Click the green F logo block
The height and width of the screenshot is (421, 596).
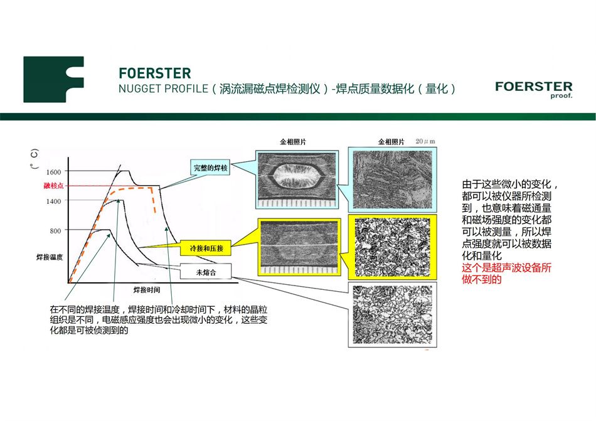[x=53, y=79]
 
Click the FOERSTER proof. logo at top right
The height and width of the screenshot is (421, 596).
[x=533, y=88]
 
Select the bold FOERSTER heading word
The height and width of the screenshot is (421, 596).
[x=154, y=73]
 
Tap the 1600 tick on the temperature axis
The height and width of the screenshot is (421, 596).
[x=53, y=171]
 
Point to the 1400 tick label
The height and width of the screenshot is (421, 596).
[x=53, y=201]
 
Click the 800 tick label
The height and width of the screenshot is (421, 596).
[x=55, y=231]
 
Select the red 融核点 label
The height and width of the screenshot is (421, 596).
[x=54, y=186]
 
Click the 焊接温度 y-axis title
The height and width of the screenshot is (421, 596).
[x=50, y=257]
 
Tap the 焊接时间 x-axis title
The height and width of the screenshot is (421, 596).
[x=146, y=290]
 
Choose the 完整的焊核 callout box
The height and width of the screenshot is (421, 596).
[x=210, y=167]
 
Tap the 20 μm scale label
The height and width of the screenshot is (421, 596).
[x=425, y=142]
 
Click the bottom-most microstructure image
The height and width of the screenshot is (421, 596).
[x=392, y=314]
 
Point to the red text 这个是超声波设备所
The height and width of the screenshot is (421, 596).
[x=506, y=268]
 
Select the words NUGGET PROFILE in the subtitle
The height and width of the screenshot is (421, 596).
[x=163, y=89]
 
